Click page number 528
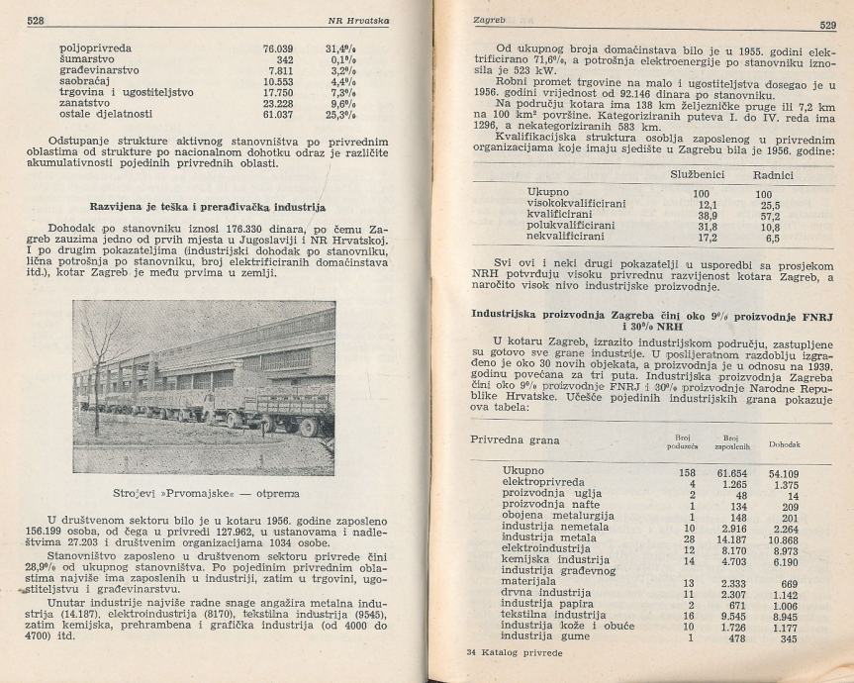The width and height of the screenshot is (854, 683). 39,19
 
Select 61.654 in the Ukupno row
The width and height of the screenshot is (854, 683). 703,472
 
